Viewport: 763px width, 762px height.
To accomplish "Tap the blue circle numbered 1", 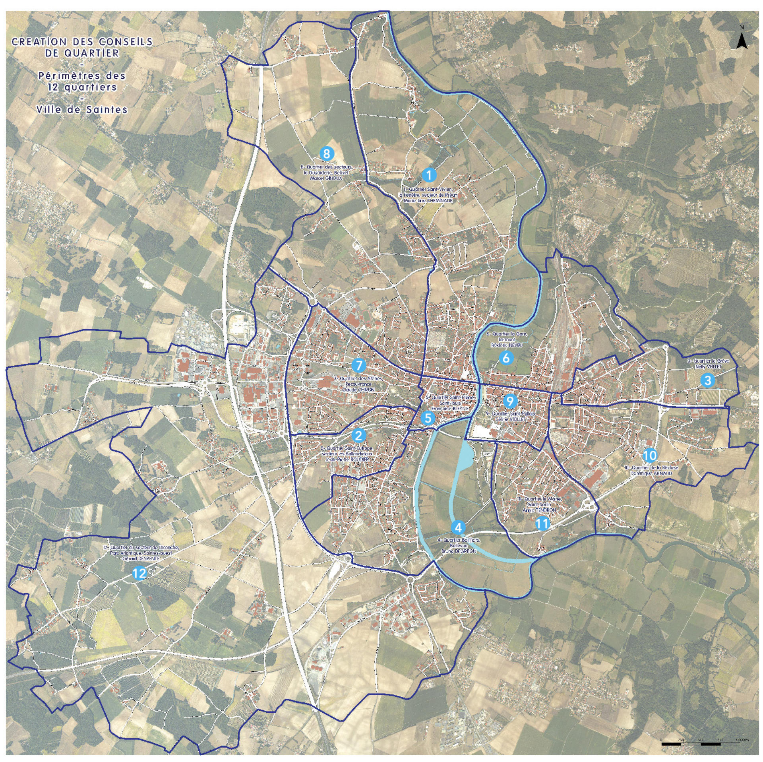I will pyautogui.click(x=429, y=174).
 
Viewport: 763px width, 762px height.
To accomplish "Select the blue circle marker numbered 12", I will pyautogui.click(x=139, y=573).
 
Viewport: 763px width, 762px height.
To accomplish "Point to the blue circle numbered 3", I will pyautogui.click(x=707, y=380).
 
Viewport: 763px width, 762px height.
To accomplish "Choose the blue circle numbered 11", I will pyautogui.click(x=542, y=524).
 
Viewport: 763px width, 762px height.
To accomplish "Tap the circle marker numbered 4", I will pyautogui.click(x=458, y=527).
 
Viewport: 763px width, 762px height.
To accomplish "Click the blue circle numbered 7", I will pyautogui.click(x=358, y=365).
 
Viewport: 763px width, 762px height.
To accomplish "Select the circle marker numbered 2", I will pyautogui.click(x=359, y=435).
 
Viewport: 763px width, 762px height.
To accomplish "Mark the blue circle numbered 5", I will pyautogui.click(x=428, y=418).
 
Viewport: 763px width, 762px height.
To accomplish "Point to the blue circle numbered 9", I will pyautogui.click(x=510, y=401).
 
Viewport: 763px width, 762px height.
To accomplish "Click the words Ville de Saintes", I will pyautogui.click(x=81, y=110).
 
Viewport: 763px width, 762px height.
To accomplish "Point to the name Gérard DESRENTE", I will pyautogui.click(x=141, y=558).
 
